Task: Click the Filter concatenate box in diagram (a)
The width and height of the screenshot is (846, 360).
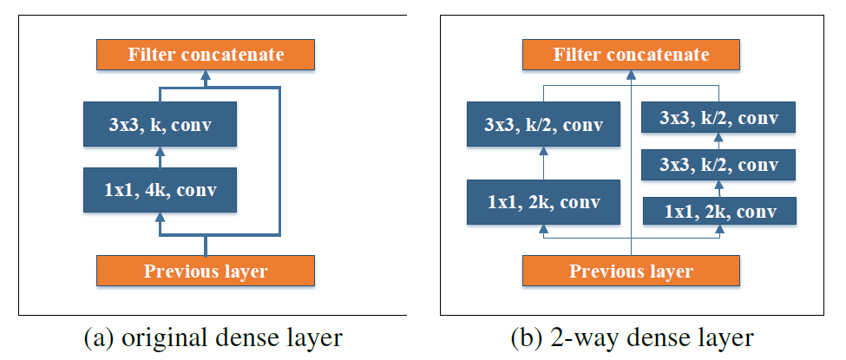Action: pos(206,55)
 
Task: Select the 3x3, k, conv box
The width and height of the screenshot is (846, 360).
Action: pos(160,124)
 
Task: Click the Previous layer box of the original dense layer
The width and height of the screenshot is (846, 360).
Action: pos(206,271)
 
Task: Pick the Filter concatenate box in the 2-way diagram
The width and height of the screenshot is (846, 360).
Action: pos(631,55)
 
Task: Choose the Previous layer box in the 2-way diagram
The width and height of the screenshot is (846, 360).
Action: pos(631,271)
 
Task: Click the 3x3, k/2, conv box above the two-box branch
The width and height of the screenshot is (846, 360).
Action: pos(544,124)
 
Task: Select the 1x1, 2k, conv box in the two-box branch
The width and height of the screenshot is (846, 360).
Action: pos(544,202)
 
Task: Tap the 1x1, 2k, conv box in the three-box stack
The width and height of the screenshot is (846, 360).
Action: pos(718,210)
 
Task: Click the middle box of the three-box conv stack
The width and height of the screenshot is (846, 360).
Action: pos(718,164)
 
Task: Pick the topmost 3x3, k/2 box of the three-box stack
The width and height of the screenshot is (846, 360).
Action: pos(718,117)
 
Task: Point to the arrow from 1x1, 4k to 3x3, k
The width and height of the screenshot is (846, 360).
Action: pos(160,158)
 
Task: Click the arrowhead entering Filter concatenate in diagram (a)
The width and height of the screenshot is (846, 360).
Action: pos(206,76)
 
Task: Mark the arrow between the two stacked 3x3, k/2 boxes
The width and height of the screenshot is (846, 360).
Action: pos(718,141)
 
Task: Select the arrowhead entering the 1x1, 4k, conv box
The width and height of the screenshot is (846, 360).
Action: pos(160,217)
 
